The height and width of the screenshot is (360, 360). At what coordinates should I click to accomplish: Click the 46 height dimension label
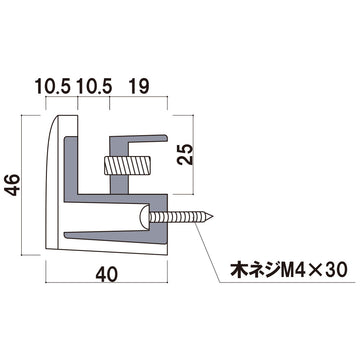point(14,185)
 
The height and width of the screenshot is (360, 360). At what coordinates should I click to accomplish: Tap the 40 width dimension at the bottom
point(106,275)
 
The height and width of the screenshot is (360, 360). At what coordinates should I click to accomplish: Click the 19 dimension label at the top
point(139,87)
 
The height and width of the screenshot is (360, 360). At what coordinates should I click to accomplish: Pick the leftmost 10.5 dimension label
point(53,87)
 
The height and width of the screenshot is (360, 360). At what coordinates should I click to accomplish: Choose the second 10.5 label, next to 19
point(94,87)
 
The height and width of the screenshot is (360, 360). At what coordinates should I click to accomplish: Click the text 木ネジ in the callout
point(255,270)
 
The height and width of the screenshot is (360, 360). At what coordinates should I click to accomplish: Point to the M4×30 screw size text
point(314,270)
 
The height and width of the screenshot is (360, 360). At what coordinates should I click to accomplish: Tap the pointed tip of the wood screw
point(213,217)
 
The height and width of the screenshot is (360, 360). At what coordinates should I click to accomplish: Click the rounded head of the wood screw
point(144,217)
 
